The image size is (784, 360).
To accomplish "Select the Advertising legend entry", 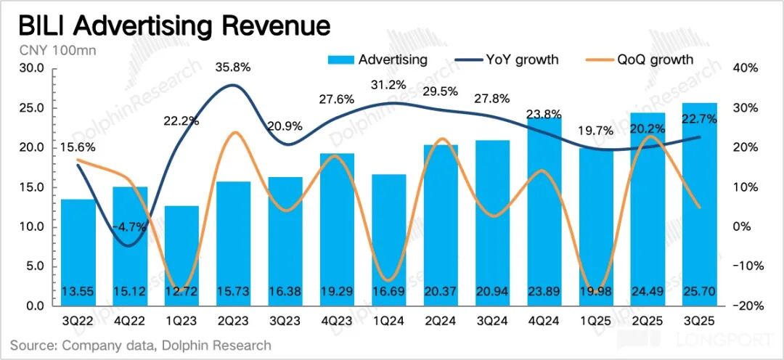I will tap(377, 60).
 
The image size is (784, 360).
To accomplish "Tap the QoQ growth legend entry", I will tap(638, 60).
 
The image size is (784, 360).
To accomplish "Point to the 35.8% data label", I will tap(232, 67).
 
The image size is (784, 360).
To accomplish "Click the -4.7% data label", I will tap(131, 226).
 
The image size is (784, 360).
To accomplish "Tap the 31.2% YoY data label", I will tap(388, 85).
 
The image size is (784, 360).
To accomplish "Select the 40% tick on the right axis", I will tap(745, 68).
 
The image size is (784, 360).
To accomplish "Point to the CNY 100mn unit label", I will tap(55, 50).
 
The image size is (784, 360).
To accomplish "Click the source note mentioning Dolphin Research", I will tap(140, 345).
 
